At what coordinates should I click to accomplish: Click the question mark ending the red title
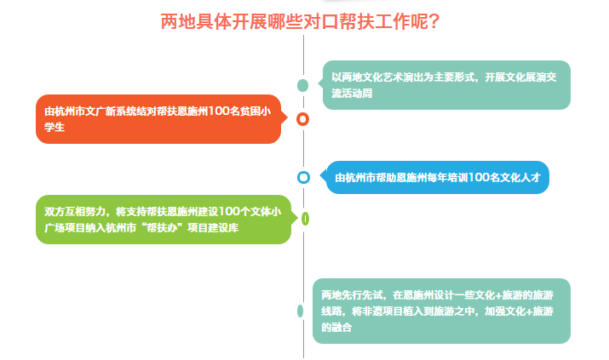(x=434, y=22)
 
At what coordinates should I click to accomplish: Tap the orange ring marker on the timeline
(x=302, y=119)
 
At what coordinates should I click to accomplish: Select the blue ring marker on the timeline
(x=303, y=177)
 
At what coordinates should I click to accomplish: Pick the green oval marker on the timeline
(x=305, y=219)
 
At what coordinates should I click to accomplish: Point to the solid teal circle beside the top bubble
(x=302, y=85)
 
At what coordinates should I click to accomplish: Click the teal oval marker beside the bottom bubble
(x=300, y=311)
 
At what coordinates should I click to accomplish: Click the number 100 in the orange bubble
(x=218, y=111)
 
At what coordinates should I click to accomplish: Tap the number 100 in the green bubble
(x=229, y=212)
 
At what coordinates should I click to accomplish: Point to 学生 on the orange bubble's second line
(x=55, y=128)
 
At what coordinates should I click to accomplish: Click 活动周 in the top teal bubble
(x=357, y=94)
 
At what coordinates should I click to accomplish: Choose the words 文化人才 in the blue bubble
(x=520, y=178)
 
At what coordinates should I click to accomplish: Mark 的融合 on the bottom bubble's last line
(x=336, y=328)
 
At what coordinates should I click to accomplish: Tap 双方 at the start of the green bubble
(x=55, y=212)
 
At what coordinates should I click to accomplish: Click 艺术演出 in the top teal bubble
(x=403, y=77)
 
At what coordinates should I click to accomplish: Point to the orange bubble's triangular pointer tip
(x=288, y=118)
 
